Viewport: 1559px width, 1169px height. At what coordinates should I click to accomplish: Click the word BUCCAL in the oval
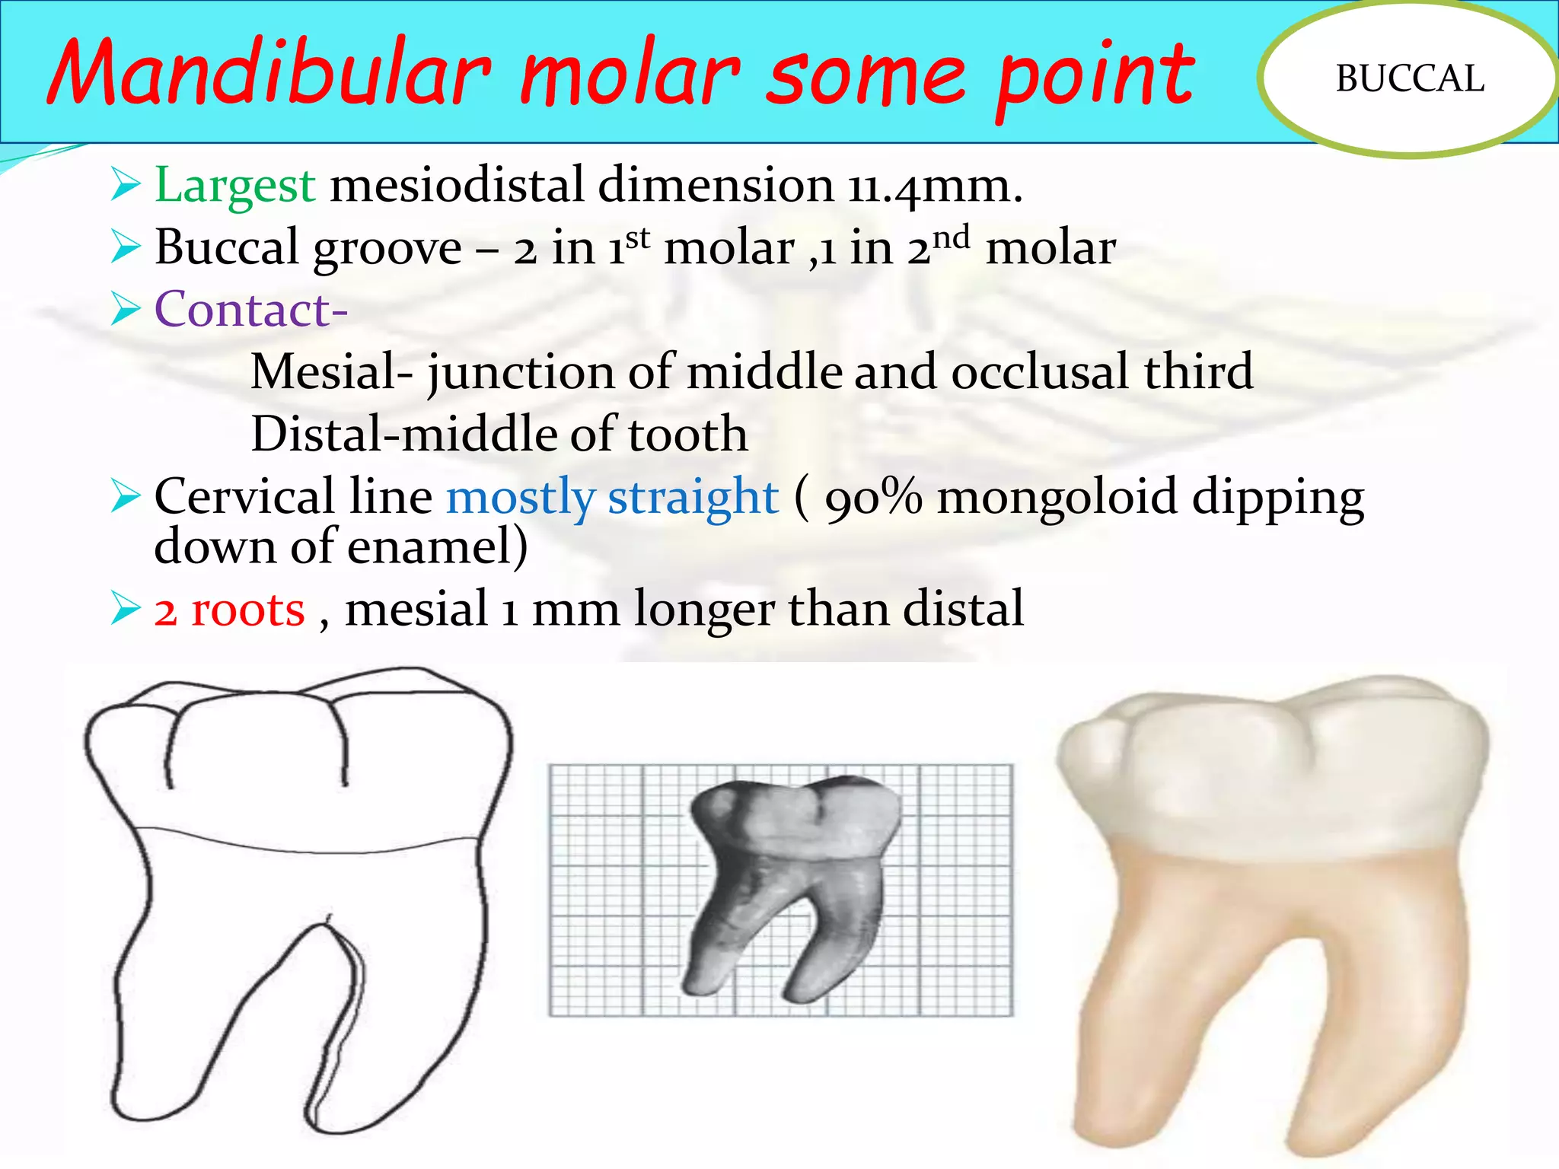tap(1410, 78)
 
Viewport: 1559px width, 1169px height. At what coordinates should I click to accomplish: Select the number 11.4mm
tap(935, 186)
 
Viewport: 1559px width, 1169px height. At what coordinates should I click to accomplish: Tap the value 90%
tap(873, 498)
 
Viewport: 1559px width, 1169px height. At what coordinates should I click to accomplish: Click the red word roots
tap(247, 610)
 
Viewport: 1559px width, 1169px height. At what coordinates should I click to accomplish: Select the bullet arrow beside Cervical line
tap(126, 497)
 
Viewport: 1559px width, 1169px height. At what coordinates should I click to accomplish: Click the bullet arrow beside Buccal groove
tap(126, 247)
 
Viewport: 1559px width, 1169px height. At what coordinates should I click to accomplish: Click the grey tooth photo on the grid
tap(792, 883)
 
